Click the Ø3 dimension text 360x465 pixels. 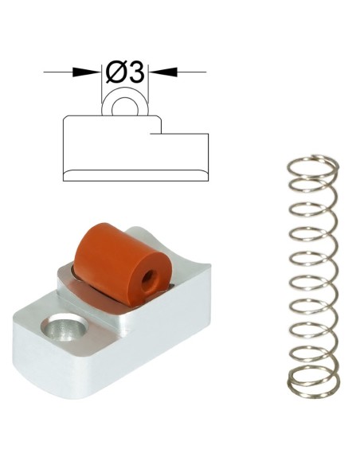pos(125,72)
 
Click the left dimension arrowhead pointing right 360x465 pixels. pos(87,72)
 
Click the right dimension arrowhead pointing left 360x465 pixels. pos(162,72)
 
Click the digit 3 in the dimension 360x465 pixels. pos(136,72)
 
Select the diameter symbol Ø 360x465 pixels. pos(116,72)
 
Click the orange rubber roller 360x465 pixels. pos(123,264)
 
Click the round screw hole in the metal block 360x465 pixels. pos(65,329)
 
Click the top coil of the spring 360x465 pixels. pos(313,166)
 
